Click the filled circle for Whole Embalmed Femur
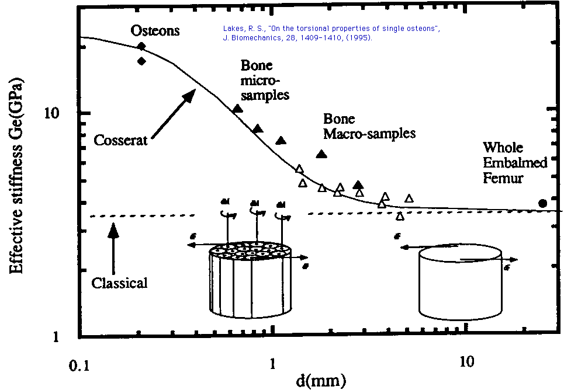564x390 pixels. point(542,203)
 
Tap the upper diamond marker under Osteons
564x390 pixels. point(141,46)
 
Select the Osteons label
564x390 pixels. point(147,30)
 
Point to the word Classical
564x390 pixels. point(119,283)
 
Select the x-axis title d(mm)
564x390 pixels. point(320,380)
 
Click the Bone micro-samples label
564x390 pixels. point(264,80)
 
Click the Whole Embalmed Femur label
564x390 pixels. point(514,162)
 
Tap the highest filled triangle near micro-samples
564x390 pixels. point(237,109)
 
